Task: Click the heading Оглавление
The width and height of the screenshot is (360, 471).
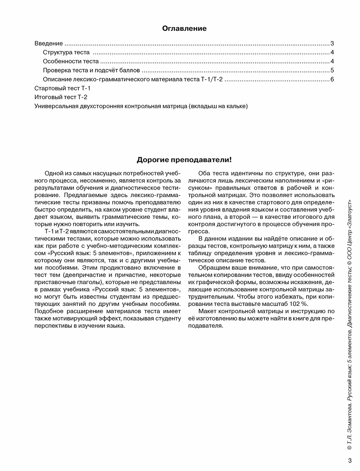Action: point(184,28)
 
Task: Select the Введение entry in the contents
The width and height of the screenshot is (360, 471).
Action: point(49,44)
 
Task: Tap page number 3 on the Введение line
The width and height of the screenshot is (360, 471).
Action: point(333,44)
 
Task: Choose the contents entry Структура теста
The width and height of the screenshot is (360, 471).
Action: point(66,53)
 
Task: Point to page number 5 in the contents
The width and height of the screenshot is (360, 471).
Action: point(333,70)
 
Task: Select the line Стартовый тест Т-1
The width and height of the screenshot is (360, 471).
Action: point(63,88)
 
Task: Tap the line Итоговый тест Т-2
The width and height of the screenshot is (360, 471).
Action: point(61,97)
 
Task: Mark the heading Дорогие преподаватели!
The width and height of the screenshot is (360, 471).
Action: point(184,160)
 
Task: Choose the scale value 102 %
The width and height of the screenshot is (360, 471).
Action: point(297,304)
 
